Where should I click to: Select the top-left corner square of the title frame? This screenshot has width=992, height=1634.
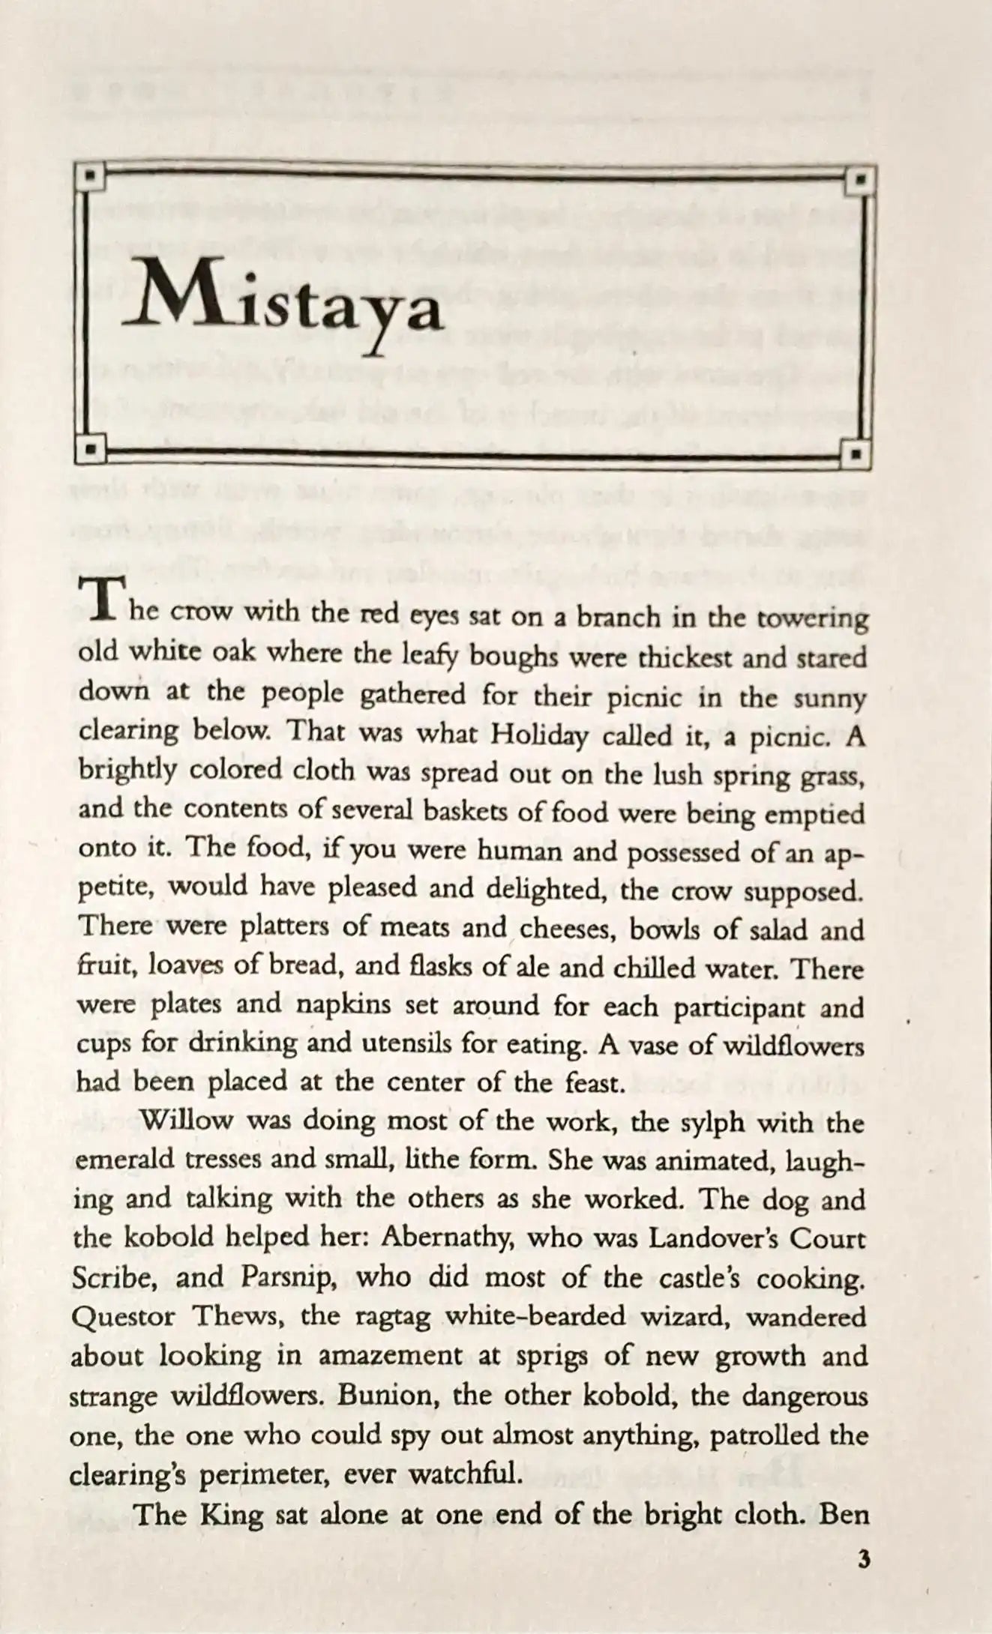[90, 178]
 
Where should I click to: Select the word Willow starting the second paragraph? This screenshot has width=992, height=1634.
[187, 1121]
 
